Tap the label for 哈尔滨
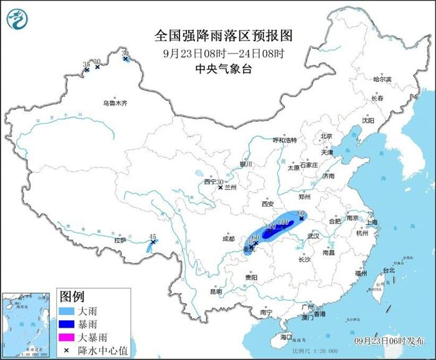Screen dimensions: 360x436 pyautogui.click(x=382, y=80)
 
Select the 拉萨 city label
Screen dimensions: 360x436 pyautogui.click(x=120, y=240)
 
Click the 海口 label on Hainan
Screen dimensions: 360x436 pyautogui.click(x=286, y=336)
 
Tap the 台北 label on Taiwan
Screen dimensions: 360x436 pyautogui.click(x=389, y=270)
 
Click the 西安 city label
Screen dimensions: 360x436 pyautogui.click(x=268, y=204)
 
